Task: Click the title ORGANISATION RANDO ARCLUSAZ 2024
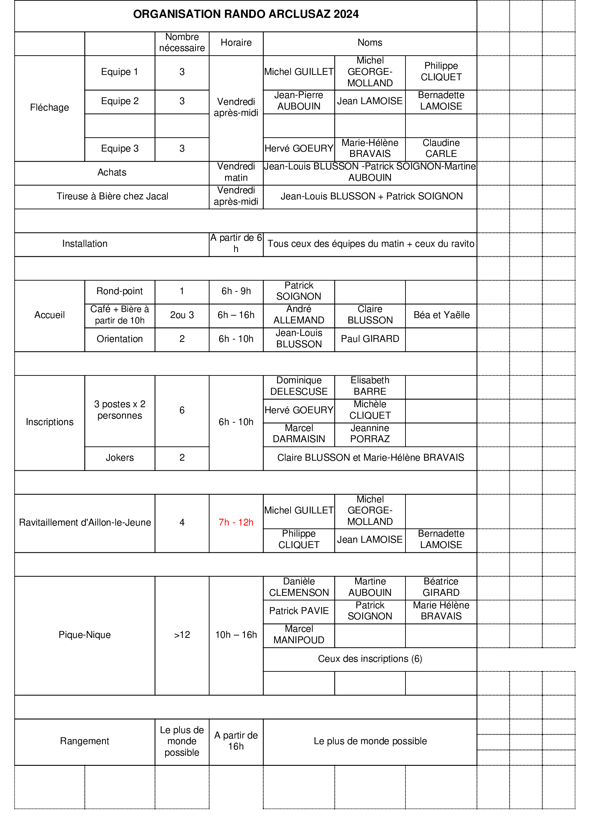pos(246,14)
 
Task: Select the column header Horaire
pos(236,42)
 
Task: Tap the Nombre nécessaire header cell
pos(182,42)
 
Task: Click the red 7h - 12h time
pos(236,522)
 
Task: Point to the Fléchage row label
pos(50,108)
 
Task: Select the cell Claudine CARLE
pos(441,148)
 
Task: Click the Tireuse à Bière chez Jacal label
pos(112,196)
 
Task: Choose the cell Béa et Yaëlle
pos(441,315)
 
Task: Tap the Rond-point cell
pos(120,291)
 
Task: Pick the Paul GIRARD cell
pos(370,338)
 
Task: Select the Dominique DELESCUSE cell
pos(299,386)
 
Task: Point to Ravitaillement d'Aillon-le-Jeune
pos(85,522)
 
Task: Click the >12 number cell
pos(182,635)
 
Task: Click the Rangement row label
pos(85,741)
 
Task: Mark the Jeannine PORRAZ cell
pos(370,433)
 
